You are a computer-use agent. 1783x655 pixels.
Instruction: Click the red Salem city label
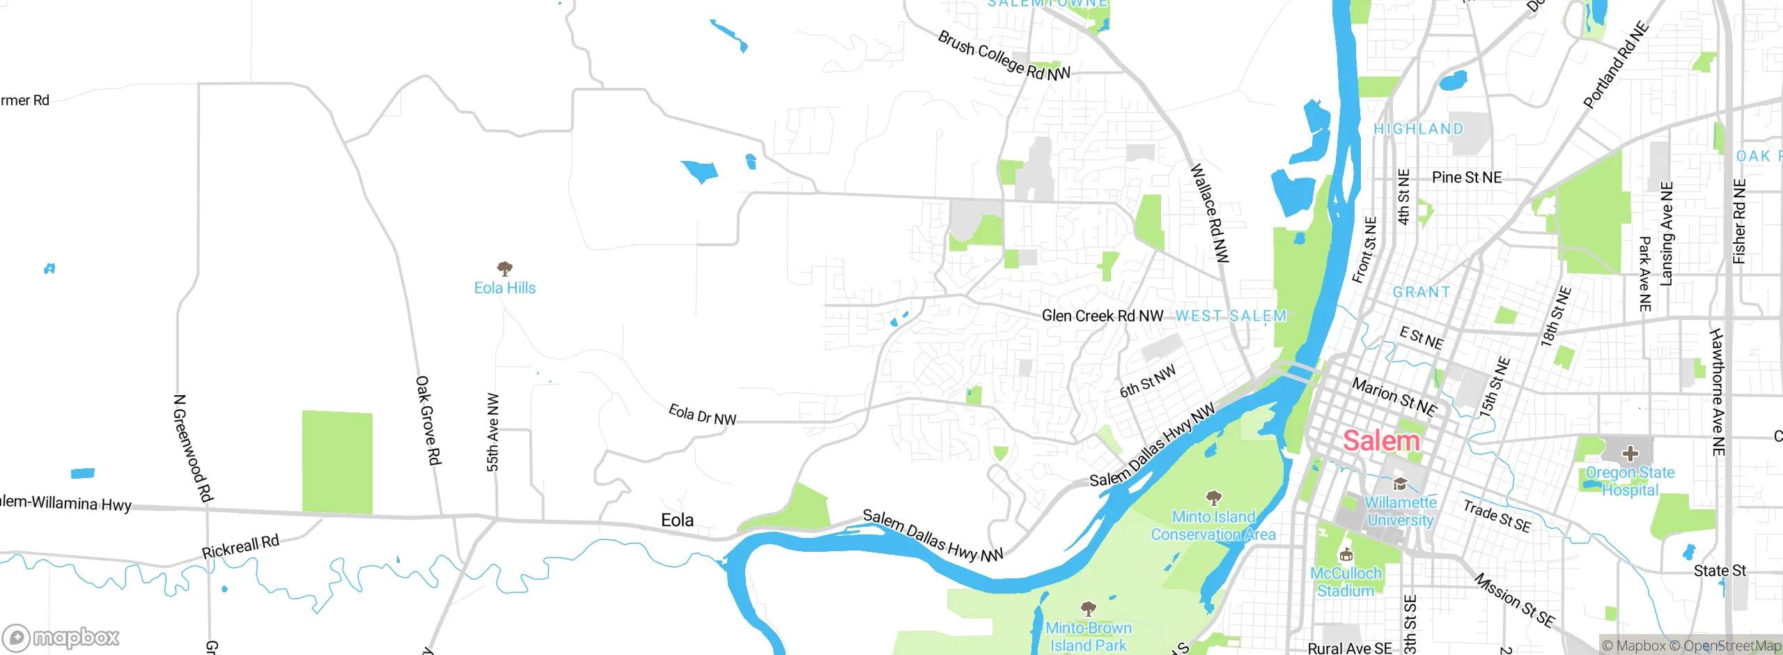point(1380,441)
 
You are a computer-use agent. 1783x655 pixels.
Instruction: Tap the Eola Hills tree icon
point(505,269)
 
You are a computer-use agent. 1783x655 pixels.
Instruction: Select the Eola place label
point(677,521)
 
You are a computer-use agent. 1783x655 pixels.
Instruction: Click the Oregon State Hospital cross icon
point(1630,454)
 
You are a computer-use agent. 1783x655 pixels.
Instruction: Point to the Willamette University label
point(1400,511)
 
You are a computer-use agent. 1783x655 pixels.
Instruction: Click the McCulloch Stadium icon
point(1346,555)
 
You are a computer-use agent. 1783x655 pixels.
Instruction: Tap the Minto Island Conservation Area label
point(1213,526)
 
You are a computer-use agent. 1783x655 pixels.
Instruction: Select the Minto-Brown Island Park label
point(1088,637)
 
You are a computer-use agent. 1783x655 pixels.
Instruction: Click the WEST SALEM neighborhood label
point(1231,316)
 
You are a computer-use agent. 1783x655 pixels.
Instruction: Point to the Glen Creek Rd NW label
point(1102,316)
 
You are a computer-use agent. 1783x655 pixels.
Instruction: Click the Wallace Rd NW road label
point(1210,213)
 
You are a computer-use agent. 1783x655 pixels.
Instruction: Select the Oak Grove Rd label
point(428,421)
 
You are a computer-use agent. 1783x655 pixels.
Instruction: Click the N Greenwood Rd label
point(192,448)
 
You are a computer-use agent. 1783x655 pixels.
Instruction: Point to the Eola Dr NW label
point(702,415)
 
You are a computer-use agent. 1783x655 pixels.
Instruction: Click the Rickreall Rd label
point(240,547)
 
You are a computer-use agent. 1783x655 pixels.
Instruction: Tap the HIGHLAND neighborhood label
point(1418,129)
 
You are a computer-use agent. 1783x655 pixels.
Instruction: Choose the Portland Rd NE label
point(1616,65)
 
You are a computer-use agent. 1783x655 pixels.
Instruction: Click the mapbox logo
point(61,638)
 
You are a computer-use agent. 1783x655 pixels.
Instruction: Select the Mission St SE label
point(1514,600)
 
